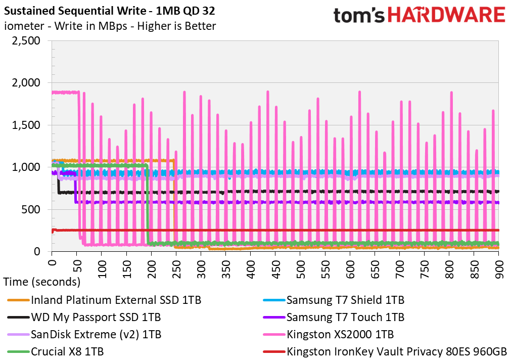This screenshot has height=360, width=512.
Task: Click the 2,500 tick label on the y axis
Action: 26,41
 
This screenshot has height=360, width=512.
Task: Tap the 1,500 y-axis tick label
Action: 26,125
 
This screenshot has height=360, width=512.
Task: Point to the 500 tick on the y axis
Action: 31,209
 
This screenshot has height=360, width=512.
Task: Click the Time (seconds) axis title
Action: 42,282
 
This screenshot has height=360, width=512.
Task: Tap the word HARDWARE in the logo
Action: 446,15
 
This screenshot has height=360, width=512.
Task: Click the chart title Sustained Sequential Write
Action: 75,11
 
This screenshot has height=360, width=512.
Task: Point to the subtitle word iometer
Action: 24,26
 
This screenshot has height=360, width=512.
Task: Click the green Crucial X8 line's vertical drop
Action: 148,204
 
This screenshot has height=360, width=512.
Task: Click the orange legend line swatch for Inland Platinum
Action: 18,300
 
